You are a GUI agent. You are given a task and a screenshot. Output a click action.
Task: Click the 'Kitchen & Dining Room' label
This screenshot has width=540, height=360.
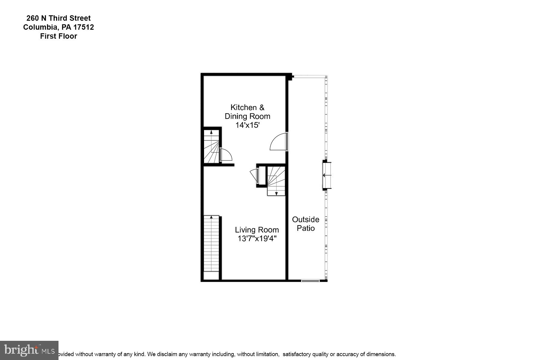(x=247, y=112)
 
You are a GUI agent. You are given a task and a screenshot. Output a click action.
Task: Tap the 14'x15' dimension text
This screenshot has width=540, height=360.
(x=247, y=125)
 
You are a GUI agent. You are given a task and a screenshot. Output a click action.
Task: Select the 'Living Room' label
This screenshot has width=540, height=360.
(x=257, y=230)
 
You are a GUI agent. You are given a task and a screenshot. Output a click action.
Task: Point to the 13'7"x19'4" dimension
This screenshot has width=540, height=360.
(x=257, y=239)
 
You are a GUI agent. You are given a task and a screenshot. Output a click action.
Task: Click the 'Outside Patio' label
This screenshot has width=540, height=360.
(x=306, y=224)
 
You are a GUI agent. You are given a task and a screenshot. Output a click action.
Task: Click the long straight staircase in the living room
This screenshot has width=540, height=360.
(x=211, y=244)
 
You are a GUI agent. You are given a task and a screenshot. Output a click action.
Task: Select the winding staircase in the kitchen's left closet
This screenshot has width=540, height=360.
(x=211, y=146)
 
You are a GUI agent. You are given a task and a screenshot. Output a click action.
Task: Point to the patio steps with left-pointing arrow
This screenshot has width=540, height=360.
(x=327, y=175)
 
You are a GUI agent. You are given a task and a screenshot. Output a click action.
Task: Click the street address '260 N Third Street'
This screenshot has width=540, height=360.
(x=58, y=18)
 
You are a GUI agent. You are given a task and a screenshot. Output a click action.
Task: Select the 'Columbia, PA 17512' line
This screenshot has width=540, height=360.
(x=58, y=27)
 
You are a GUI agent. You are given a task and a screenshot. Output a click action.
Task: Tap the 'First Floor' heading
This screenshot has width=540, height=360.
(x=58, y=36)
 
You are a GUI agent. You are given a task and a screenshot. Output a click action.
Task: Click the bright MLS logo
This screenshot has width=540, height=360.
(x=29, y=350)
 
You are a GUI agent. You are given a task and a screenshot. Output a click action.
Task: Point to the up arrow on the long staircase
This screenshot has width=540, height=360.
(x=211, y=217)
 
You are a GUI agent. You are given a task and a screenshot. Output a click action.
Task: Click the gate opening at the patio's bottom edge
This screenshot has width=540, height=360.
(x=310, y=281)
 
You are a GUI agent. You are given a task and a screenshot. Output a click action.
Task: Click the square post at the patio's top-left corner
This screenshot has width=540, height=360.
(x=290, y=77)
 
